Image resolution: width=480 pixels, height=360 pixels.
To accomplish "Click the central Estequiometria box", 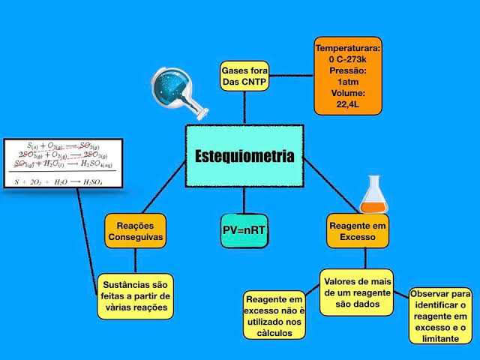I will pyautogui.click(x=244, y=156).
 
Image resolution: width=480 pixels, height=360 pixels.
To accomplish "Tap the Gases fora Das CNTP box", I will pyautogui.click(x=244, y=76).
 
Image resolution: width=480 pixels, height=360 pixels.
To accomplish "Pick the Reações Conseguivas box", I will pyautogui.click(x=135, y=230).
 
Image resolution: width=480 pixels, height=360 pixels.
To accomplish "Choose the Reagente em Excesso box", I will pyautogui.click(x=358, y=230).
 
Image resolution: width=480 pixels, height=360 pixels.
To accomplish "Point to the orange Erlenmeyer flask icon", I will pyautogui.click(x=372, y=196).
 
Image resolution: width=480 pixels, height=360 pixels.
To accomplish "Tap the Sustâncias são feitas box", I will pyautogui.click(x=135, y=295).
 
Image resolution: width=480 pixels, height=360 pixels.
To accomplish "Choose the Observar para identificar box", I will pyautogui.click(x=440, y=316).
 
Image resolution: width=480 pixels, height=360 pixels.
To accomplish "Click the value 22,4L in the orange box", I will pyautogui.click(x=347, y=105).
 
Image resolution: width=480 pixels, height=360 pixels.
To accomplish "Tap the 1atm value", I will pyautogui.click(x=347, y=82).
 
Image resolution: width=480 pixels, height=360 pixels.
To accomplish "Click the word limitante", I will pyautogui.click(x=440, y=339).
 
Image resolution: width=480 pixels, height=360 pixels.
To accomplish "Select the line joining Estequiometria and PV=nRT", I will pyautogui.click(x=244, y=200).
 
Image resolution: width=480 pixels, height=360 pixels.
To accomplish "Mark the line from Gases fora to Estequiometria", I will pyautogui.click(x=244, y=108).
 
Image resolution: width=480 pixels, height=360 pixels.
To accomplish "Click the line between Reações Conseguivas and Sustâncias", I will pyautogui.click(x=135, y=260).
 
